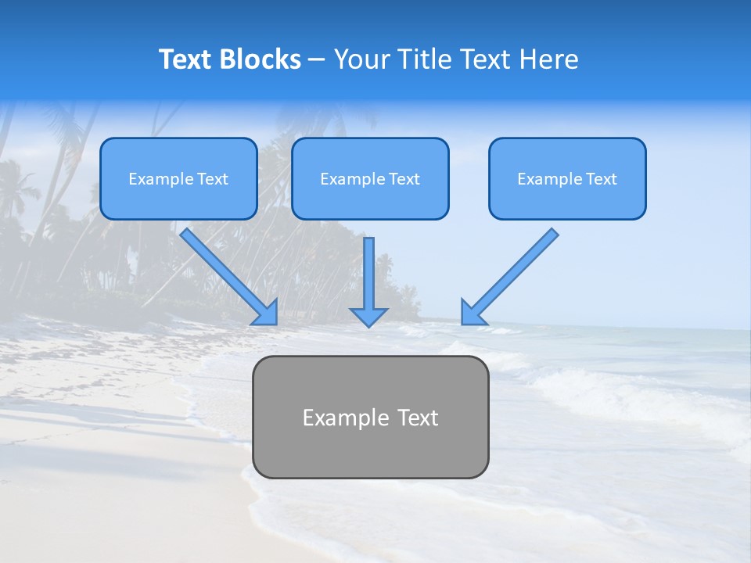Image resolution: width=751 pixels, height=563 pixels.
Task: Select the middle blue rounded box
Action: point(370,203)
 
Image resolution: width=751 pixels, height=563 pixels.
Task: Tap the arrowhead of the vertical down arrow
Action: point(368,316)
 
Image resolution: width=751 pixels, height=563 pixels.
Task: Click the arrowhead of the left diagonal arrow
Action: point(266,313)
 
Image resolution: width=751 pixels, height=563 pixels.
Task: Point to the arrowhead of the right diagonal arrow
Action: point(473,313)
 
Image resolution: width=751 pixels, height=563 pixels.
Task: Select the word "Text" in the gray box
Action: point(416,418)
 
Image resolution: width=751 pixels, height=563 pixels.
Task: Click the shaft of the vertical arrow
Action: point(368,270)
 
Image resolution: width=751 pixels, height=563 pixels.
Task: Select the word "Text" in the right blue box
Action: point(602,179)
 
